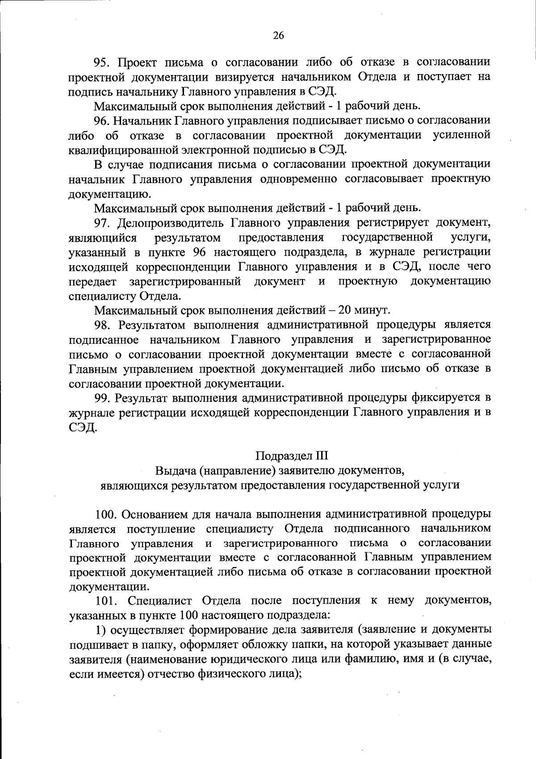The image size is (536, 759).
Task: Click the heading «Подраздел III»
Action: click(292, 456)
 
